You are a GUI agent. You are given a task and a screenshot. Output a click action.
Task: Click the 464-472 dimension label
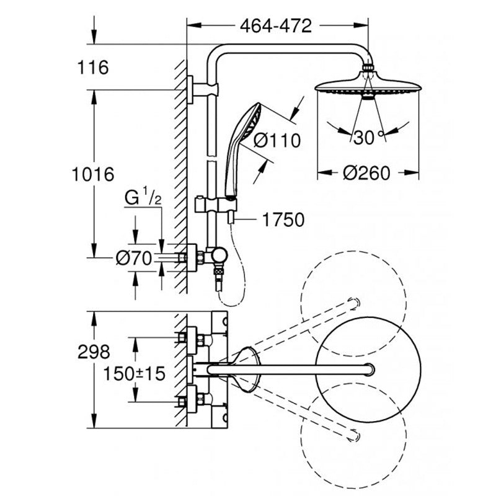point(276,26)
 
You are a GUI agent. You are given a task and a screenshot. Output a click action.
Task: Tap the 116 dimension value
point(93,68)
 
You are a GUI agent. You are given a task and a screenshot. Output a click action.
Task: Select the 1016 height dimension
point(93,174)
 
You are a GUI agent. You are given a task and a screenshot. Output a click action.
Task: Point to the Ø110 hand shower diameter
point(277,141)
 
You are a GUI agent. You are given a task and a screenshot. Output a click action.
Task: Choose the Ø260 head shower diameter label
point(367,174)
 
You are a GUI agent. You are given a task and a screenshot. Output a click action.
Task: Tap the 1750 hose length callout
point(283,219)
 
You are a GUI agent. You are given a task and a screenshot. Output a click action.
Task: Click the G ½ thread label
point(143,197)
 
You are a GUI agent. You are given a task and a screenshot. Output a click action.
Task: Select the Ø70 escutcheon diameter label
point(134,259)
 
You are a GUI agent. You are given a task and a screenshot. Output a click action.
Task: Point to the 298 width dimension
point(94,352)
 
